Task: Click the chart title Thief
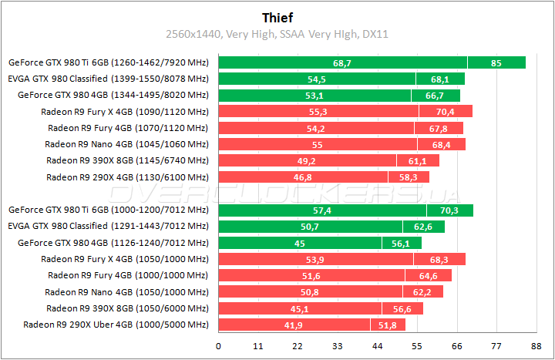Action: pos(277,16)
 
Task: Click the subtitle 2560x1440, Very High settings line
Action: pos(277,34)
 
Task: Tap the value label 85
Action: pos(496,62)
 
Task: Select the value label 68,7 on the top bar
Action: pos(342,62)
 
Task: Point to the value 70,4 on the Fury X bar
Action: pos(446,112)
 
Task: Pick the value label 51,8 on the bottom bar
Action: pos(388,325)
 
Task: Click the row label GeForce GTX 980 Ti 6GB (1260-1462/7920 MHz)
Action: pos(109,62)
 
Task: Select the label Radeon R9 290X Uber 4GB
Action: pos(116,325)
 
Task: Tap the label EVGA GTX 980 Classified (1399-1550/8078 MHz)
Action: pos(109,79)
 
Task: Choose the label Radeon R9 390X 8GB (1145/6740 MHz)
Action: pos(127,160)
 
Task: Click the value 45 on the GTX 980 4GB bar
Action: pos(300,243)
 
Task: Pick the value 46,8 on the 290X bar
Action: pos(303,177)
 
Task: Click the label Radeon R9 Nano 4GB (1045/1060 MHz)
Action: pos(126,144)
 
